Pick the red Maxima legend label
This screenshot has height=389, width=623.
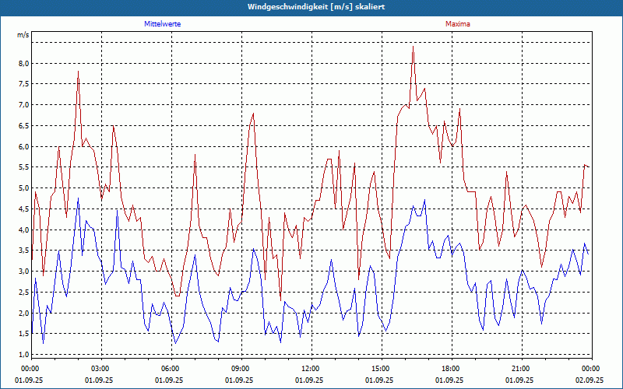coord(457,24)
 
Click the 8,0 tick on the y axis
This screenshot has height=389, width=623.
coord(23,64)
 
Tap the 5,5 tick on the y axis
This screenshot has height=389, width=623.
coord(23,167)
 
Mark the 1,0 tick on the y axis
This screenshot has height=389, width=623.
coord(23,354)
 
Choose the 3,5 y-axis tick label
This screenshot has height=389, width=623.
coord(23,251)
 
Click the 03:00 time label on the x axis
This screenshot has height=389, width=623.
coord(100,369)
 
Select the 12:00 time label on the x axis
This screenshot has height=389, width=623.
coord(310,369)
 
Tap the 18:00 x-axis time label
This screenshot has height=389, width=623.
coord(450,369)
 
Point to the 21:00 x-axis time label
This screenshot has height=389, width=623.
coord(520,369)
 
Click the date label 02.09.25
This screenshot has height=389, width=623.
coord(590,380)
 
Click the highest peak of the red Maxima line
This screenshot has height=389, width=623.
coord(413,46)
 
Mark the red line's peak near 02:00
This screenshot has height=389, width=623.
coord(79,72)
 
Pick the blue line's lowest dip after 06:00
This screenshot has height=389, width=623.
coord(175,343)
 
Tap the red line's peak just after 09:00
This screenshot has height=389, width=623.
coord(253,114)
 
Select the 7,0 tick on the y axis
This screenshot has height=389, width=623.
coord(23,105)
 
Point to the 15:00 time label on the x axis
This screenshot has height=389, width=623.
coord(380,369)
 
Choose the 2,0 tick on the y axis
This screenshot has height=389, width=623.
coord(23,313)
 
